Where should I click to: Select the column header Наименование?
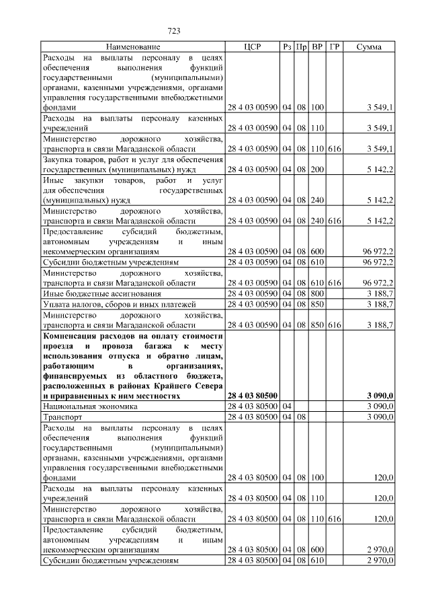click(x=132, y=47)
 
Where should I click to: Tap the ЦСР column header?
click(x=253, y=47)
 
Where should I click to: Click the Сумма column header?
click(x=370, y=47)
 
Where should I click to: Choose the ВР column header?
click(x=318, y=47)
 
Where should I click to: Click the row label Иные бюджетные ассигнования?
click(x=101, y=294)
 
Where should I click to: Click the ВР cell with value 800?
click(x=318, y=294)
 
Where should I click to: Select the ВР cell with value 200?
click(x=318, y=169)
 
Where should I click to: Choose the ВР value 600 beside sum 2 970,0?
click(x=318, y=550)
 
